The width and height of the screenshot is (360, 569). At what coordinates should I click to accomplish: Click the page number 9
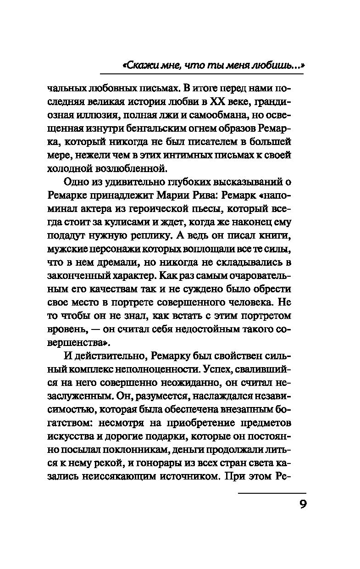coord(303,505)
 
